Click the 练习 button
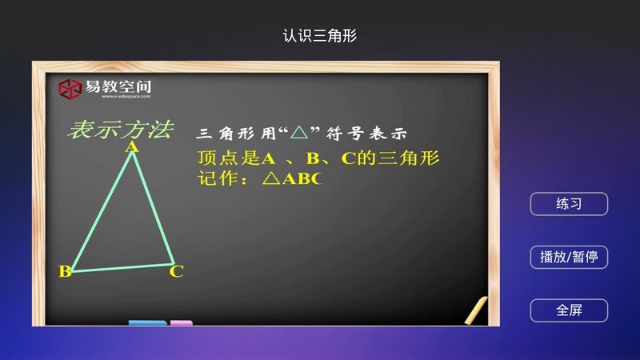569,204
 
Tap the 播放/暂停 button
569,257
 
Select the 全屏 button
569,310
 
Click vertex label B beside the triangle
65,271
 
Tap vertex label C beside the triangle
177,272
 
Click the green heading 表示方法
121,130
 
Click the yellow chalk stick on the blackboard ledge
475,310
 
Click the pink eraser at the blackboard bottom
182,323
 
